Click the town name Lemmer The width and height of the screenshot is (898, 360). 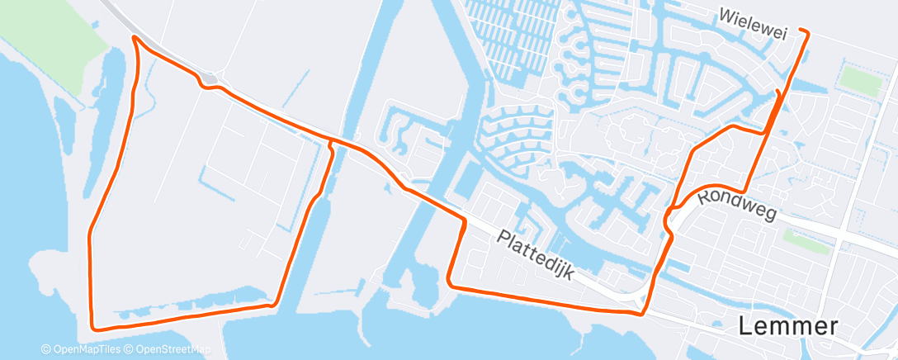(789, 326)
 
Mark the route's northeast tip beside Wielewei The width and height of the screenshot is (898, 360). (806, 32)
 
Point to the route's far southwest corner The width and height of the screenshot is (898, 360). (92, 326)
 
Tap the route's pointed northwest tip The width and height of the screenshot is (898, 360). (134, 37)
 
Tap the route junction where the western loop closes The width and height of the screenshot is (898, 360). (331, 143)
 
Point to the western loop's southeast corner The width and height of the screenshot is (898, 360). (272, 305)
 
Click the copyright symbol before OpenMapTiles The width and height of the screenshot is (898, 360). (45, 349)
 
